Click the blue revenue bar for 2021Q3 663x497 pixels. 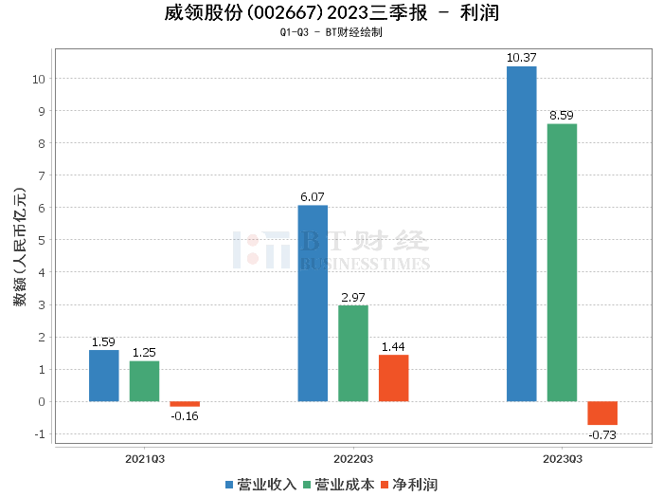click(104, 376)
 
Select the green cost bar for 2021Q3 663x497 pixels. click(144, 381)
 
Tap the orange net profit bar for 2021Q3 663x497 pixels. click(185, 404)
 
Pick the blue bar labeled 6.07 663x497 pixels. click(313, 304)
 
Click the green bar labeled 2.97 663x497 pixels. click(353, 353)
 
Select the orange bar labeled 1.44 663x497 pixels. click(393, 377)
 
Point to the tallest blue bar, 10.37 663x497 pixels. click(521, 233)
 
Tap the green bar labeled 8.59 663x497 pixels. click(562, 263)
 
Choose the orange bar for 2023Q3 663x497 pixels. click(601, 413)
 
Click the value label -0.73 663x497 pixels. click(602, 434)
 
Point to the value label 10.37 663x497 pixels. click(521, 58)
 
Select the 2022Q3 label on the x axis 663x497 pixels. click(353, 459)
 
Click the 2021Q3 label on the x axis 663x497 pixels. click(145, 459)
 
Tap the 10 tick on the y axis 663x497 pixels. click(39, 79)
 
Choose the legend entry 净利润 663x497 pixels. click(408, 485)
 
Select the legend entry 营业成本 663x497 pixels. click(338, 485)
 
